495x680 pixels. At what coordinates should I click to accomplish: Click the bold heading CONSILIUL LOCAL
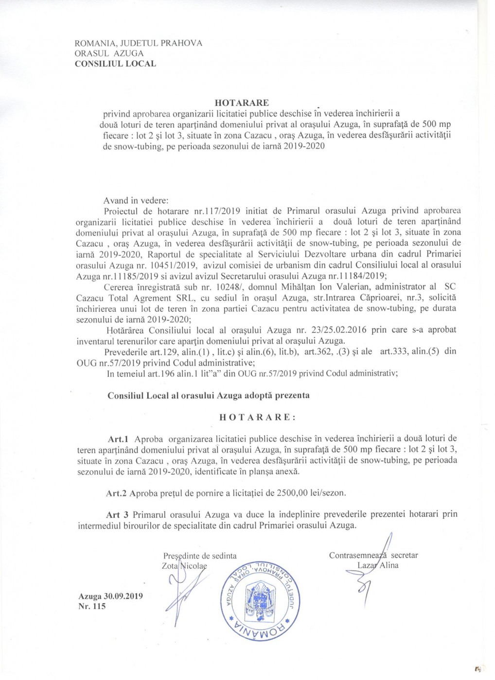click(x=115, y=64)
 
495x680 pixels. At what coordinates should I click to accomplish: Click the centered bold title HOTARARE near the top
click(x=242, y=102)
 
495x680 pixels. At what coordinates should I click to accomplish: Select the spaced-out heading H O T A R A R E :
click(x=257, y=417)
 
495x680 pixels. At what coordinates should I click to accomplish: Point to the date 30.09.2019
click(x=123, y=596)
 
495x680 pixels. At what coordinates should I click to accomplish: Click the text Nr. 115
click(x=92, y=606)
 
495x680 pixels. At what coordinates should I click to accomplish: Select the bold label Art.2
click(x=116, y=493)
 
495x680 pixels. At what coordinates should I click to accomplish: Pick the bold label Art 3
click(x=117, y=514)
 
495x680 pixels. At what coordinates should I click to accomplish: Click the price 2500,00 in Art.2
click(x=293, y=493)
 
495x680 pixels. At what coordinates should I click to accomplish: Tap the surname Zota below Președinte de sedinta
click(x=170, y=566)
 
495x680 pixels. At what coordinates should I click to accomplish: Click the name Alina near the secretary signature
click(x=389, y=565)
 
